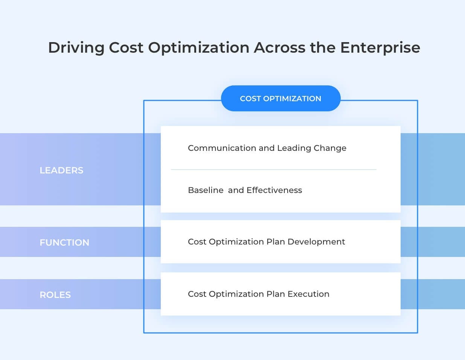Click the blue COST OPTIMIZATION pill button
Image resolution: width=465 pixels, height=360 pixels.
[x=281, y=99]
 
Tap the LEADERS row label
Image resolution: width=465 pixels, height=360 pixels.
[x=61, y=170]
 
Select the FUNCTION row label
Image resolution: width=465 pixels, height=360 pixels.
[x=64, y=243]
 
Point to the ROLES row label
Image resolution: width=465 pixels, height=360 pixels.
[x=55, y=295]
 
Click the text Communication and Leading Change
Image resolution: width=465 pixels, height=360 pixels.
[x=267, y=148]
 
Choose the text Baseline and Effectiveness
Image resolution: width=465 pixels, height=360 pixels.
[x=245, y=190]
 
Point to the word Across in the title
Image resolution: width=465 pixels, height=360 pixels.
[x=279, y=48]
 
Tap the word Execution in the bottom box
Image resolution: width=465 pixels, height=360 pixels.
[x=308, y=294]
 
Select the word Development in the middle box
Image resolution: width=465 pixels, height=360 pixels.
[x=316, y=242]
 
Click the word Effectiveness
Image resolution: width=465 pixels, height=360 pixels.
[x=274, y=190]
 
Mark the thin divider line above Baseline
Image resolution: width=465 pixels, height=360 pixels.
[x=274, y=170]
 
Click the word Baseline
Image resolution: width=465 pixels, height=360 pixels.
[x=206, y=190]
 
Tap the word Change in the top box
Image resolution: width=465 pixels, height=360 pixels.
[x=330, y=148]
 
